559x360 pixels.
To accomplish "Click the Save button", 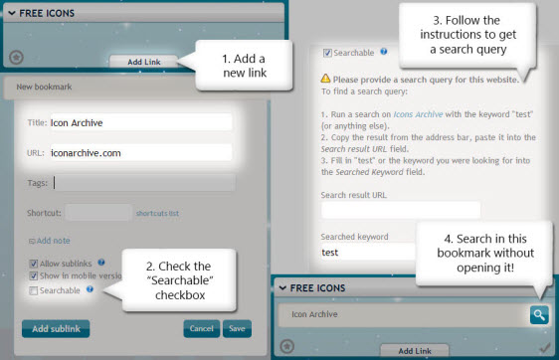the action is point(237,328).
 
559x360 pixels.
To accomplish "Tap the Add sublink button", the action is point(56,328).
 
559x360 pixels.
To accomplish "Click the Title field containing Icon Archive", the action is point(141,122).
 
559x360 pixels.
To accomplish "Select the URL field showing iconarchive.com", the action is point(141,153).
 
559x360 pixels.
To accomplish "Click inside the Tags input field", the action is point(144,183).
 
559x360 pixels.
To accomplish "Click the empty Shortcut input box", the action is point(98,213).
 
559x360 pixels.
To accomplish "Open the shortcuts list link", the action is point(157,213).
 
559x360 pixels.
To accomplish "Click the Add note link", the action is point(49,241).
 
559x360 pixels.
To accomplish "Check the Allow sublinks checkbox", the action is point(33,264).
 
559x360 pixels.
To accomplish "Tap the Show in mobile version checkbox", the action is point(33,275).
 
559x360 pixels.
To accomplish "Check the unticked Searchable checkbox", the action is point(33,290).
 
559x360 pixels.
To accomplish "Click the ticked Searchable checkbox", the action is point(327,53).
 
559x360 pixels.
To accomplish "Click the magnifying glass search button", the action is point(539,314).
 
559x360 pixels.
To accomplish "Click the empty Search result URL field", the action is point(401,210).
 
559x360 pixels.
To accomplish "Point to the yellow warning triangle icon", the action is point(325,78).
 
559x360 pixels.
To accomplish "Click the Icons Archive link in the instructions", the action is point(418,114).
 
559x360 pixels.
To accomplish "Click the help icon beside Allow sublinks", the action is point(101,263).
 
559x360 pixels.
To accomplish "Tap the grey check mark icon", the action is point(544,347).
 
